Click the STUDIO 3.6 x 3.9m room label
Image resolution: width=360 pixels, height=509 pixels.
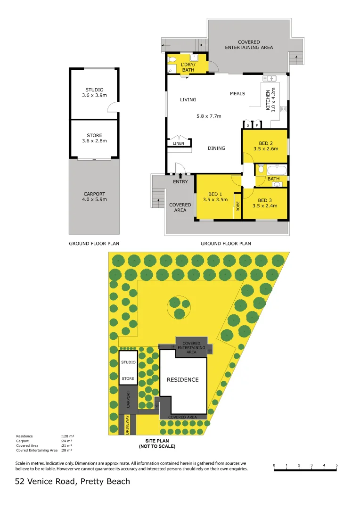(x=94, y=92)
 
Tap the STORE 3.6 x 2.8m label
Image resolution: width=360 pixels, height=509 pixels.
(x=94, y=138)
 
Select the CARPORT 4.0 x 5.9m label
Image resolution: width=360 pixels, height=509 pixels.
(x=94, y=197)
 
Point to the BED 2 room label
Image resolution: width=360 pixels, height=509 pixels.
(x=266, y=146)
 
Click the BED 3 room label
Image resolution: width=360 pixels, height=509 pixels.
(x=265, y=203)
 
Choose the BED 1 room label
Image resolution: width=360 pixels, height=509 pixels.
(x=215, y=197)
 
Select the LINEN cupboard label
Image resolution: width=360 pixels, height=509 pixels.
(x=178, y=143)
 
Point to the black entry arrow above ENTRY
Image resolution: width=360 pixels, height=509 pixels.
(x=180, y=175)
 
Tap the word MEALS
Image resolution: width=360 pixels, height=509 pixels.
(x=237, y=93)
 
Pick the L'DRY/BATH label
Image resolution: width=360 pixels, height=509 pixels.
(x=188, y=67)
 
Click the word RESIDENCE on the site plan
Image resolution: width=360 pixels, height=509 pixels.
(x=183, y=379)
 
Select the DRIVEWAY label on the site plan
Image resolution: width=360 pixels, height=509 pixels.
(x=127, y=424)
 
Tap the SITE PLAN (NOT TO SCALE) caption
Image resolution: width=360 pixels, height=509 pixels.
(x=157, y=443)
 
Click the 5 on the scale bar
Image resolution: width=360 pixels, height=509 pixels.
(x=336, y=466)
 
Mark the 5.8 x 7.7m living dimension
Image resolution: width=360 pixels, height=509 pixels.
(x=209, y=116)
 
